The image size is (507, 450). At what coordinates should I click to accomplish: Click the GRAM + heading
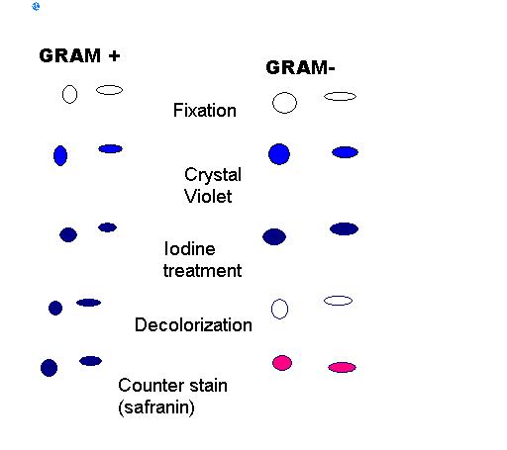tap(79, 55)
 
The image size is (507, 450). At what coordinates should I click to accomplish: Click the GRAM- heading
tap(300, 67)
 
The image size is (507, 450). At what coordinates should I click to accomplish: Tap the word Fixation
tap(205, 111)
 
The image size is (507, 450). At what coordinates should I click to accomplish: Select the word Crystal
tap(213, 175)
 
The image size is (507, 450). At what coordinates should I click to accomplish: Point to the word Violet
tap(208, 197)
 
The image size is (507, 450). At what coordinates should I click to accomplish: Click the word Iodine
tap(189, 248)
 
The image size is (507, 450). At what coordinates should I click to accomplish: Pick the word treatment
tap(202, 271)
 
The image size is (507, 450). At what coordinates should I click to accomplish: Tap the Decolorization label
tap(193, 325)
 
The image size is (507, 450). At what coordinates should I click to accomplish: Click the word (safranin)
tap(156, 407)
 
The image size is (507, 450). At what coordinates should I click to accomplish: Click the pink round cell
tap(282, 363)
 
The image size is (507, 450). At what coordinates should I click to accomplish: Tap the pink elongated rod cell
tap(342, 367)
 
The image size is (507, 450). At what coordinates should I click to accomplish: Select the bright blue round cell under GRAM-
tap(279, 154)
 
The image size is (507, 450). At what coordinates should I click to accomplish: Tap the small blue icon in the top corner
tap(36, 6)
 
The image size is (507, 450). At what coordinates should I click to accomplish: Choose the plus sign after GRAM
tap(114, 55)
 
